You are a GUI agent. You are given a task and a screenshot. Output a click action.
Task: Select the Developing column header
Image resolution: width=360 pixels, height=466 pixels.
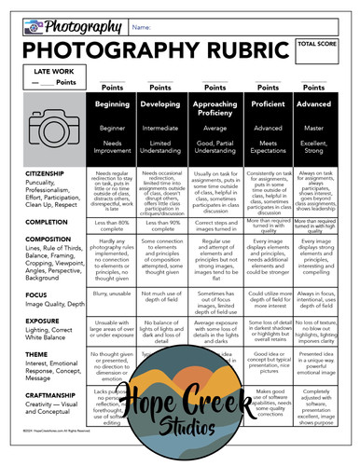click(x=162, y=104)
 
